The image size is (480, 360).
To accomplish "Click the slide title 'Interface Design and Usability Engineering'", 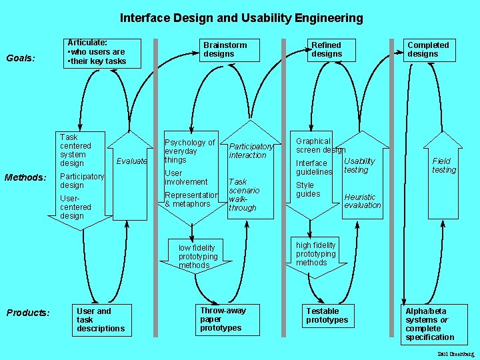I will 241,18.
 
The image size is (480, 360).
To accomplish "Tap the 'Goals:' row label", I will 21,58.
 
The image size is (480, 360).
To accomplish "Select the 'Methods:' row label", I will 25,177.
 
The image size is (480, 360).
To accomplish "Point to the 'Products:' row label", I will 27,313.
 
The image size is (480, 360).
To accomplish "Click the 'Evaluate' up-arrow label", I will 131,161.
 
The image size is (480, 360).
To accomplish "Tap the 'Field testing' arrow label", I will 443,165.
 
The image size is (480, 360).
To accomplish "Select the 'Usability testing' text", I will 359,165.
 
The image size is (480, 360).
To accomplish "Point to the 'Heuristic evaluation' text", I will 362,201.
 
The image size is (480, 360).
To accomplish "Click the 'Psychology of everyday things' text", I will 189,151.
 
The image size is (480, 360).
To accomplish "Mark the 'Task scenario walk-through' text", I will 242,195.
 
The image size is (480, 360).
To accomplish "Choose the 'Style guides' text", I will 308,189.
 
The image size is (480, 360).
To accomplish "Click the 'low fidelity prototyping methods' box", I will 198,256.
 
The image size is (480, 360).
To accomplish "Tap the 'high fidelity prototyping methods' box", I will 315,253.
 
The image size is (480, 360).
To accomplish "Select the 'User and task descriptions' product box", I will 101,319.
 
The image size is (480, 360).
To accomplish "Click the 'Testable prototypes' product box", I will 327,316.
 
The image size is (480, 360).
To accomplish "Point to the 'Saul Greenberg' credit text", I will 456,353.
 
